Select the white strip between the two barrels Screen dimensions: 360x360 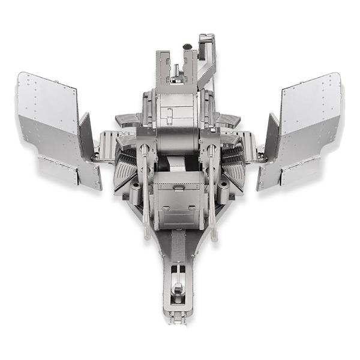point(178,164)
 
